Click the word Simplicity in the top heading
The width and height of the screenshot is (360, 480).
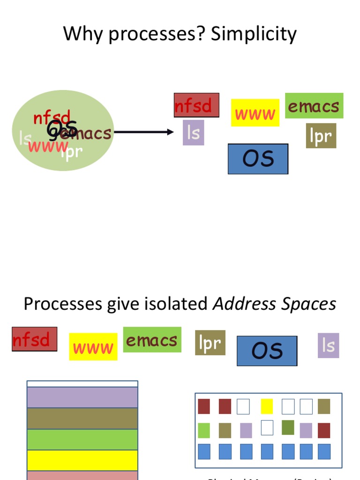click(x=255, y=34)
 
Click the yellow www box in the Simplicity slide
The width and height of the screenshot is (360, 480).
click(x=255, y=113)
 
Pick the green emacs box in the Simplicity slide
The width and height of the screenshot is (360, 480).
click(x=314, y=106)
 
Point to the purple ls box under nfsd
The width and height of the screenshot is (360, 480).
click(x=193, y=133)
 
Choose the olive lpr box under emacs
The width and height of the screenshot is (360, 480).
click(x=321, y=135)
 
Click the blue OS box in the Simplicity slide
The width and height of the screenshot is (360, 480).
click(x=258, y=159)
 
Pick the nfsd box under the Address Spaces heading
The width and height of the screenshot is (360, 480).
click(x=34, y=339)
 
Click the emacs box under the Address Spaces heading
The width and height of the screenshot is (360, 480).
click(x=152, y=340)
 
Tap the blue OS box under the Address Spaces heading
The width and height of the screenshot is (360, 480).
click(x=267, y=351)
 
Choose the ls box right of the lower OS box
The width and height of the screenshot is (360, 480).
click(x=328, y=345)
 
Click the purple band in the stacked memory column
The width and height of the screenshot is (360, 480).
click(x=82, y=397)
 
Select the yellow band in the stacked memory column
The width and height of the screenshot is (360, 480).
click(x=82, y=460)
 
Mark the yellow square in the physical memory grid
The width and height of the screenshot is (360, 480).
click(x=267, y=406)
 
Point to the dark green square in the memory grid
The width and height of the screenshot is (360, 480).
click(x=288, y=427)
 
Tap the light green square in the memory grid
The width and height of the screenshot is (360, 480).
click(x=204, y=430)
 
